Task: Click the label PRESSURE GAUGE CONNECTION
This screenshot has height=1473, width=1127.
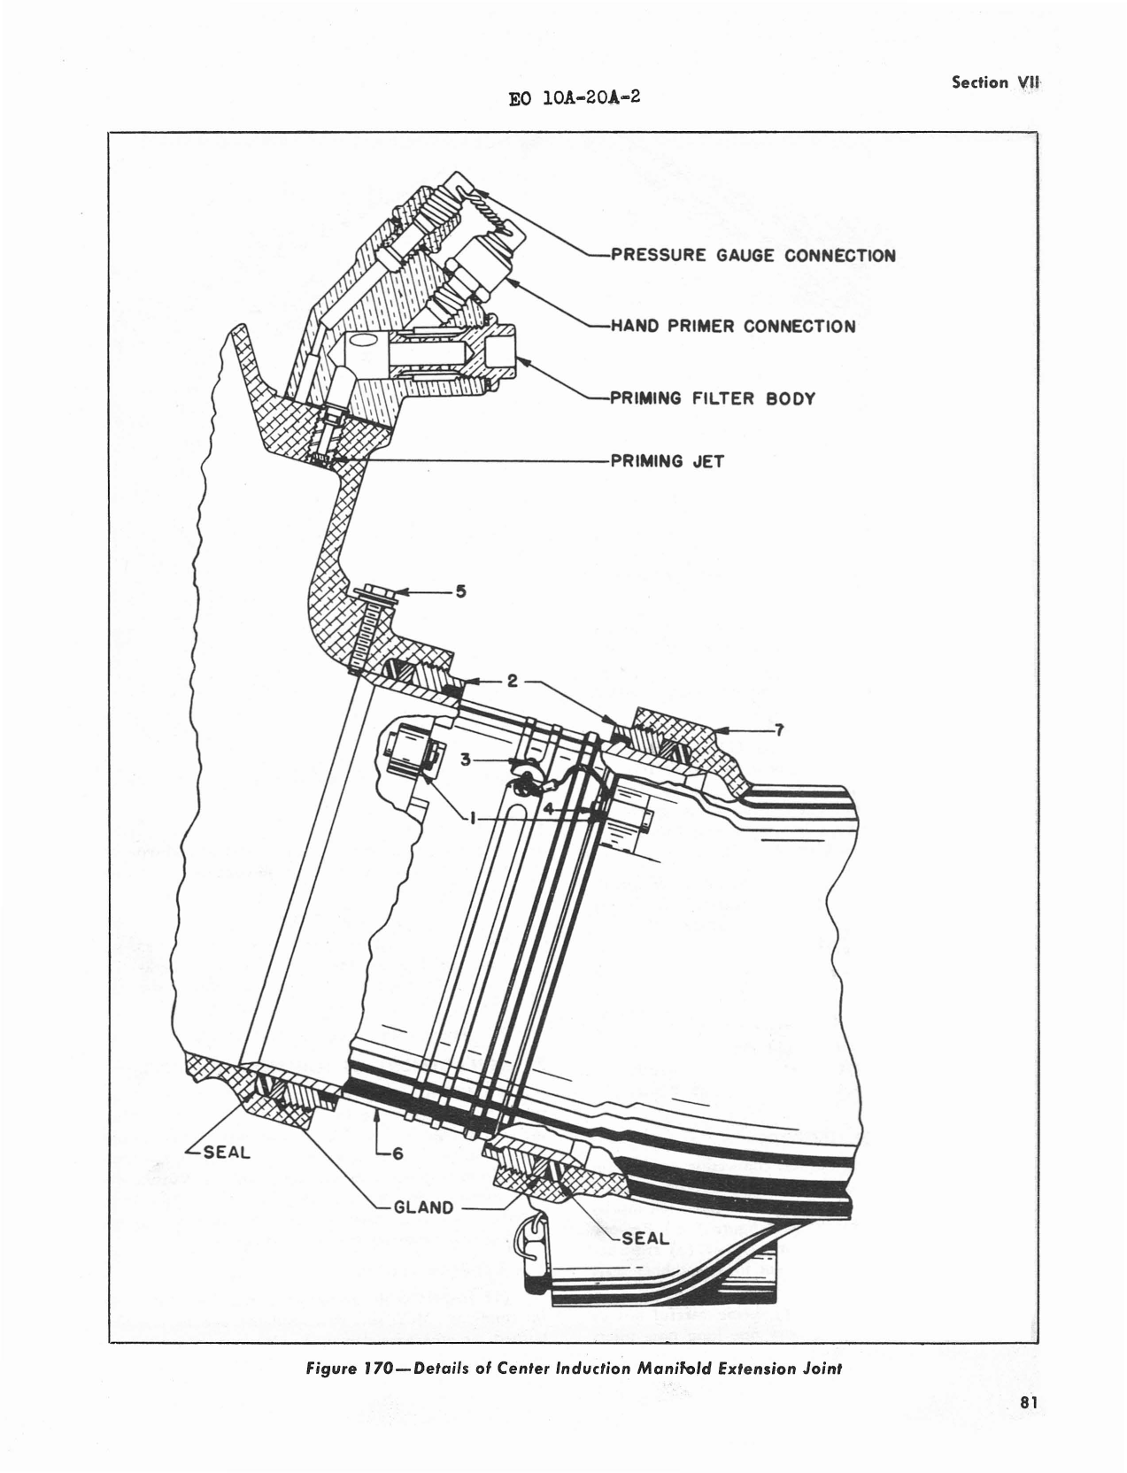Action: pos(753,257)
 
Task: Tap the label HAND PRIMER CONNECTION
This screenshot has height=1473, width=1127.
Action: pos(733,327)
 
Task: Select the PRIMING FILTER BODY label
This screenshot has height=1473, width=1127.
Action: pos(713,398)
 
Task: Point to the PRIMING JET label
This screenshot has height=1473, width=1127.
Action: pos(668,461)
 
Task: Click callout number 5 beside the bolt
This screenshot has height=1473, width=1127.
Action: pos(460,591)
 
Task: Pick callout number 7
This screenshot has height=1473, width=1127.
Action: pos(778,730)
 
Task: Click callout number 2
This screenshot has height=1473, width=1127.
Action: pos(512,682)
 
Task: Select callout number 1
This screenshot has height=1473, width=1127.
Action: pos(475,820)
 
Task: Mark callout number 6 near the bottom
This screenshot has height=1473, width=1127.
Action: pos(398,1153)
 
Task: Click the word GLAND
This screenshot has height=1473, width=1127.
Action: pos(424,1207)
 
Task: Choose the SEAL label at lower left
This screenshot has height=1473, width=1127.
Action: pos(227,1153)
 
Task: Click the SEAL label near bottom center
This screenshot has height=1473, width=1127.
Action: pos(645,1238)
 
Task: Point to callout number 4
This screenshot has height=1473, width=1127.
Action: pos(549,807)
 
